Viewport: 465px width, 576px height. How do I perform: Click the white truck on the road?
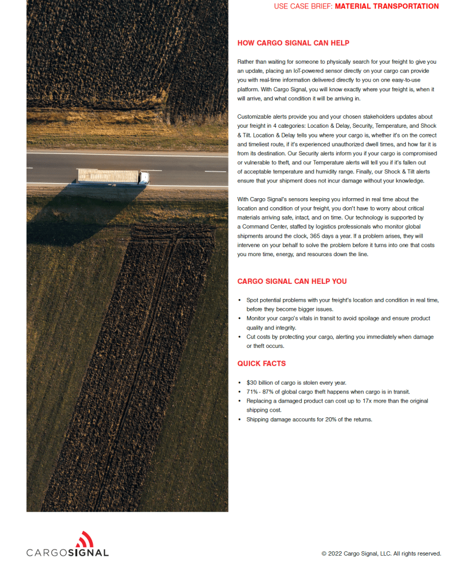tap(113, 177)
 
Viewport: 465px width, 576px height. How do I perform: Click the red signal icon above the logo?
tap(84, 539)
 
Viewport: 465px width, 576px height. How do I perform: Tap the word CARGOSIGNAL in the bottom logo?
tap(68, 552)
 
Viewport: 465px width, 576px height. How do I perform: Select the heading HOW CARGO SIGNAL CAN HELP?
tap(293, 43)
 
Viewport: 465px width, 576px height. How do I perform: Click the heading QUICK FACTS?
tap(261, 364)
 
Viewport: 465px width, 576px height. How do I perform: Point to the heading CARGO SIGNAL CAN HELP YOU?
tap(292, 282)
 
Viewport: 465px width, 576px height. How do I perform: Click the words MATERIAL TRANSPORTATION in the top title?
tap(386, 7)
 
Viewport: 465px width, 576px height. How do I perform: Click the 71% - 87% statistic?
tap(262, 392)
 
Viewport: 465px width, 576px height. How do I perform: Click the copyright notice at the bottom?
tap(381, 553)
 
